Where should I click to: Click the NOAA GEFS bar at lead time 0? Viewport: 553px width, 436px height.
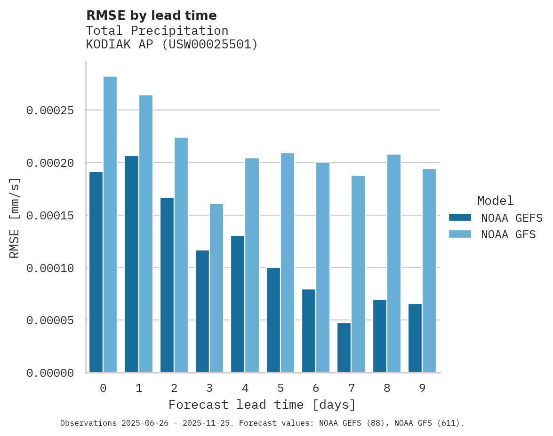coord(96,272)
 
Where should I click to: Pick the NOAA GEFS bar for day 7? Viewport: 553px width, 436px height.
coord(344,348)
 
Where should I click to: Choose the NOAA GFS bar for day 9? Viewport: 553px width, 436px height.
coord(429,271)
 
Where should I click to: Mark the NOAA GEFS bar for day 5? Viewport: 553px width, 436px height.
coord(273,320)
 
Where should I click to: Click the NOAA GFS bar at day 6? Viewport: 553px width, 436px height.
coord(323,267)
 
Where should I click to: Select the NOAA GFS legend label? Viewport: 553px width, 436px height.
coord(508,234)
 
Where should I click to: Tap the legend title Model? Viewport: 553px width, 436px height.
coord(495,201)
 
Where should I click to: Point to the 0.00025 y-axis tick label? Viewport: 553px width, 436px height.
coord(50,110)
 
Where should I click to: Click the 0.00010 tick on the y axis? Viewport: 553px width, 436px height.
coord(50,268)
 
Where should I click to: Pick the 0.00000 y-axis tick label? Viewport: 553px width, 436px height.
coord(50,373)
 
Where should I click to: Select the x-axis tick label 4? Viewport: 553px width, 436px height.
coord(245,389)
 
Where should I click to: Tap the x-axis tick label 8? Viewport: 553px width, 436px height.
coord(387,389)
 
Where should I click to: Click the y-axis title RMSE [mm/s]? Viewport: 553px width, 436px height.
coord(15,218)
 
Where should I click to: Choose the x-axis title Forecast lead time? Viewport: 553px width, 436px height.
coord(262,405)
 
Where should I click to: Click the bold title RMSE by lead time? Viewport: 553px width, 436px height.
coord(151,16)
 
